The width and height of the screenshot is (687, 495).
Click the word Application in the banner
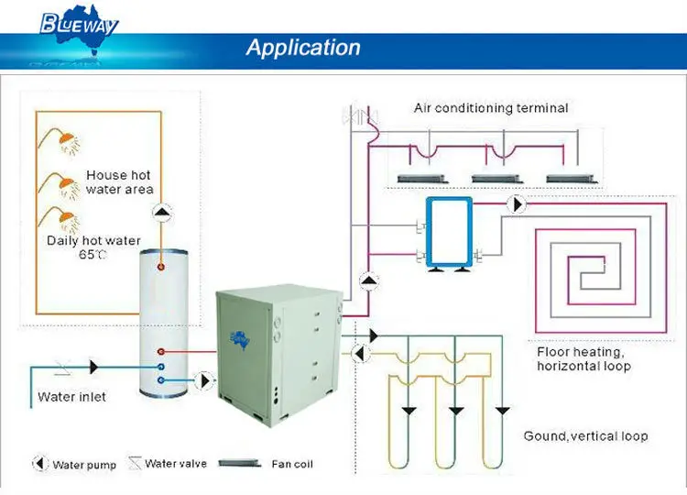point(303,48)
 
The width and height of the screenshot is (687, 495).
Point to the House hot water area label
point(118,181)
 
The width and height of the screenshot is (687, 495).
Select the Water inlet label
point(71,397)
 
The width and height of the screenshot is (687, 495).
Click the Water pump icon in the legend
point(40,464)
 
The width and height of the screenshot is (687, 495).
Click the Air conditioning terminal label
point(491,108)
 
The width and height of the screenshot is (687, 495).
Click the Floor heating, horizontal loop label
point(583,358)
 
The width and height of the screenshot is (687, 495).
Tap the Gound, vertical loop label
point(585,435)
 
